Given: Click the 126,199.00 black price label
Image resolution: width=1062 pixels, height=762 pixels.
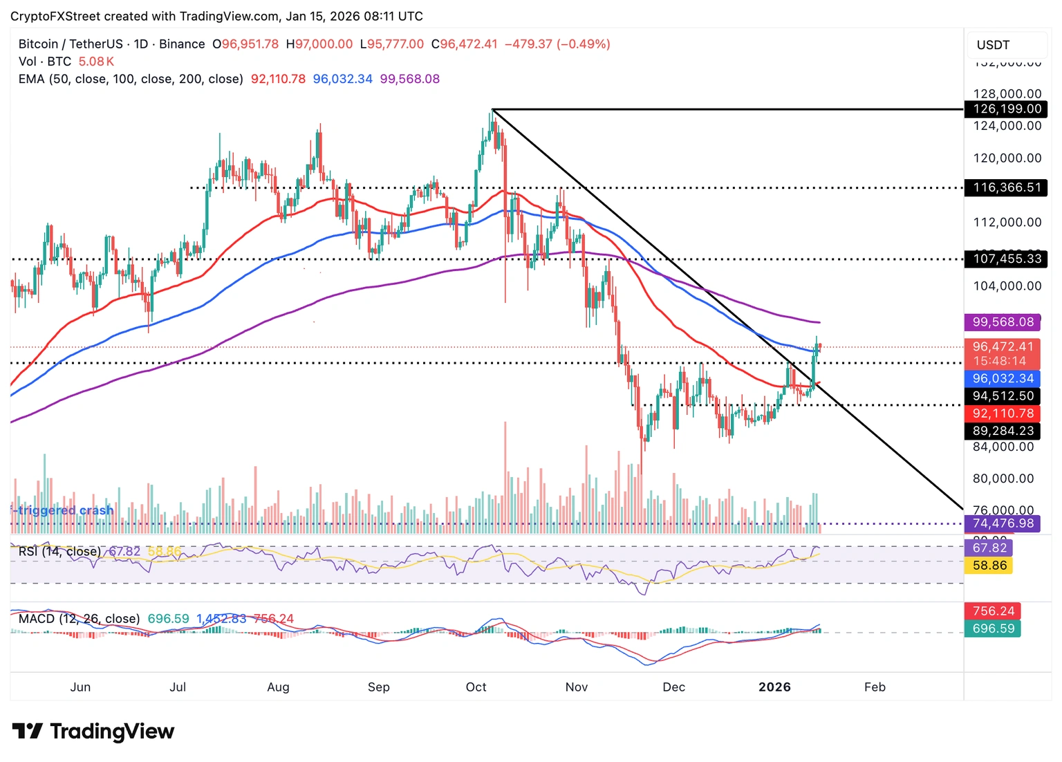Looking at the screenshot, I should (1007, 109).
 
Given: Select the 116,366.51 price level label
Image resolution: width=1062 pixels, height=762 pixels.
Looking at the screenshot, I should (1007, 187).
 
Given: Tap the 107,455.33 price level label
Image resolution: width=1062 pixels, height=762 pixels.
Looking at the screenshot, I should (1007, 259).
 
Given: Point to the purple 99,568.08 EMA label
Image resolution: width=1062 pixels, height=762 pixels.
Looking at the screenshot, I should (1003, 322).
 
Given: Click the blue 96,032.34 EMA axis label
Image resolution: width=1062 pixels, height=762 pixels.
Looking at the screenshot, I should (1003, 379).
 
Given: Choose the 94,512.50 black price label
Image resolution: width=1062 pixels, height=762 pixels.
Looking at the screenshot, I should (1003, 396).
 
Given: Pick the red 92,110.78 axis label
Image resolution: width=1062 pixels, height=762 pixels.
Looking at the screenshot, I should (1003, 413).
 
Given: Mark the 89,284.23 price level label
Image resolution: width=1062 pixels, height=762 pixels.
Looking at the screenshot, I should (1003, 431).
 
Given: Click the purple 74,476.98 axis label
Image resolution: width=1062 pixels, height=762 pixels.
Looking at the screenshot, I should (1003, 523).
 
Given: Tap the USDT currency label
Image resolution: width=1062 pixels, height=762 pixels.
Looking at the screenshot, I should (993, 45).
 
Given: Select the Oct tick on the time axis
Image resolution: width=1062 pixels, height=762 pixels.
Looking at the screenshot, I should (476, 687).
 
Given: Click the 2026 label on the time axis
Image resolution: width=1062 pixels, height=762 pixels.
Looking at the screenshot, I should (774, 687).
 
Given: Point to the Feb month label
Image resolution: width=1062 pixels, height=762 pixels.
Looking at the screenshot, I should (875, 687).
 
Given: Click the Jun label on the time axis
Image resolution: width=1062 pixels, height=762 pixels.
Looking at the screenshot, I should (80, 687).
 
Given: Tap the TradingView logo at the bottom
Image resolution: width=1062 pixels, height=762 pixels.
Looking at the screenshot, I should (93, 732).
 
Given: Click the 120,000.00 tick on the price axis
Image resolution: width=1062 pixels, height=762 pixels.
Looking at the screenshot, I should (1007, 158).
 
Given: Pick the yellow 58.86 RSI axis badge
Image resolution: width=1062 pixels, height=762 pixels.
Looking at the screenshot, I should (989, 566).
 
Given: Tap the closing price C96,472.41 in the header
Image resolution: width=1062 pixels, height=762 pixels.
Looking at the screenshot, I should (464, 44).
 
